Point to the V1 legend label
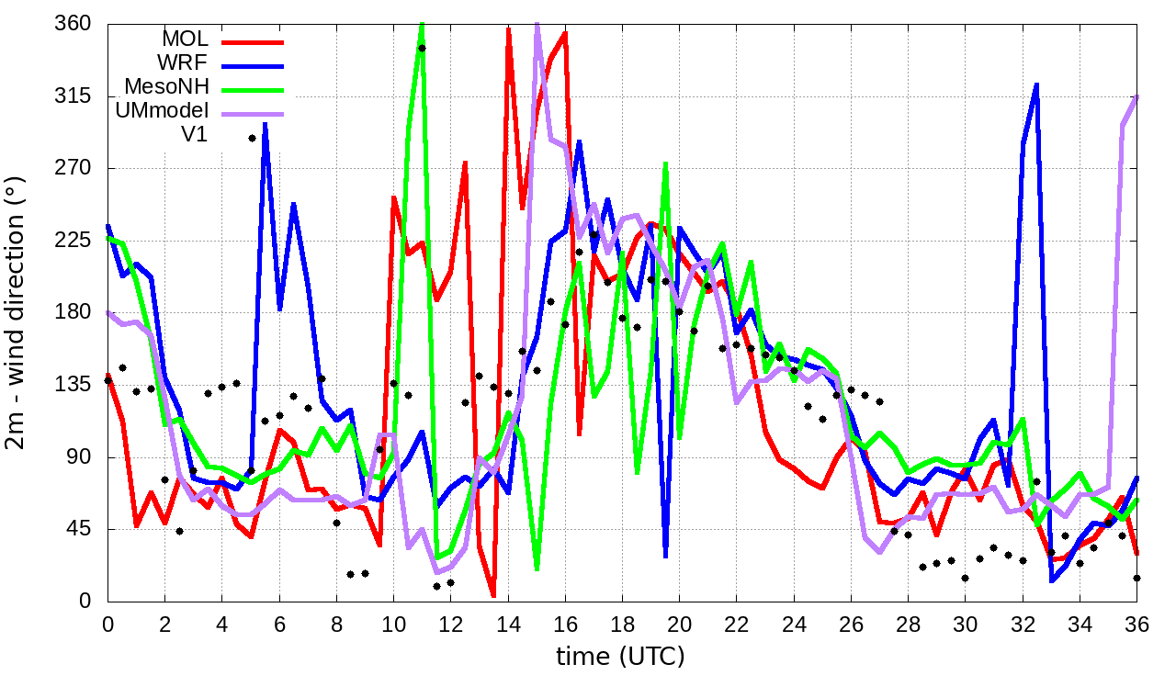click(x=194, y=134)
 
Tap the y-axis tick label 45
click(x=80, y=529)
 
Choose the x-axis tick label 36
click(x=1136, y=623)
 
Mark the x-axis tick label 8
click(x=336, y=623)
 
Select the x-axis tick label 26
click(x=851, y=623)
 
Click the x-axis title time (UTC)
click(x=620, y=656)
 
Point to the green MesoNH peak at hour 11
click(x=422, y=24)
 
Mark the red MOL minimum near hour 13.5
click(x=493, y=595)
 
